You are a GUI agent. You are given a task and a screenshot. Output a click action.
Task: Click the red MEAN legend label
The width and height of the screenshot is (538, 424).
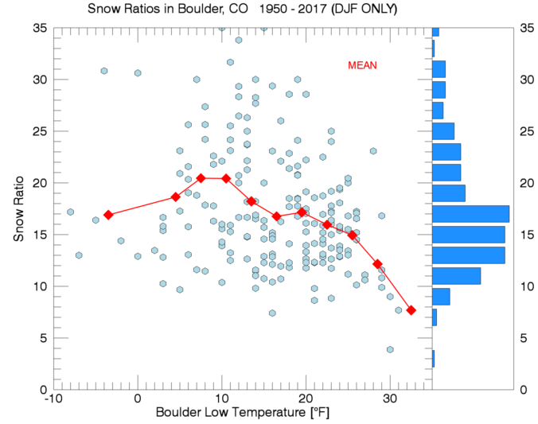tap(362, 65)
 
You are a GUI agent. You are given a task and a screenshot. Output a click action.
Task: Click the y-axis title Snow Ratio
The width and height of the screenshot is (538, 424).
tap(19, 209)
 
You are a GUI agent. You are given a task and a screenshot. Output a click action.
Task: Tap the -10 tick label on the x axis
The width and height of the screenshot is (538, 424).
tap(53, 399)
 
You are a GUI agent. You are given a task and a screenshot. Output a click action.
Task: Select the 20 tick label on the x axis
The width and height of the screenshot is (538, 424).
tap(306, 399)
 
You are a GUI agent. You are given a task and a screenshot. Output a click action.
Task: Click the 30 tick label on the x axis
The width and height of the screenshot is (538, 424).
tap(389, 399)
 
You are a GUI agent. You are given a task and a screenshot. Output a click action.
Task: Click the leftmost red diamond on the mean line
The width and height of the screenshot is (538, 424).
tap(108, 215)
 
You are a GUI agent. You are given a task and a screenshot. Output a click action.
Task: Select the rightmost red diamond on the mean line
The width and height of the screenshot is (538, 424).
tap(411, 310)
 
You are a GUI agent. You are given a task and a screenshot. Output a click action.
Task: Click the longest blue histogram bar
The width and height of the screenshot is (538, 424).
tap(470, 214)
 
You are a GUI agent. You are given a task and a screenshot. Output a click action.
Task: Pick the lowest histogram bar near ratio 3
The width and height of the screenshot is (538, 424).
tap(433, 359)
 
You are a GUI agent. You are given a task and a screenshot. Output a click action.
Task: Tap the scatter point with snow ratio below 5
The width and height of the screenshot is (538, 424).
tap(390, 349)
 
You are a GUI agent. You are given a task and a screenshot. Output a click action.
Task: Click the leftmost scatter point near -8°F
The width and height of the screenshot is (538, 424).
tap(70, 212)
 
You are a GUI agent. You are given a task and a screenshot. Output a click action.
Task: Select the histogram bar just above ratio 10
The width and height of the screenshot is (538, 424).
tap(456, 276)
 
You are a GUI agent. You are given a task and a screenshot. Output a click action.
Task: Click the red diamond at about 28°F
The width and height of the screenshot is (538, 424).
tap(377, 264)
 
